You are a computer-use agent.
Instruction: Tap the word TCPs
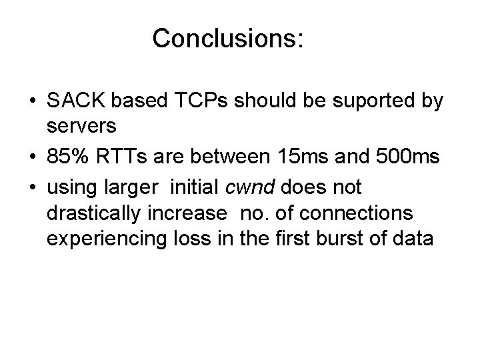tap(195, 102)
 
